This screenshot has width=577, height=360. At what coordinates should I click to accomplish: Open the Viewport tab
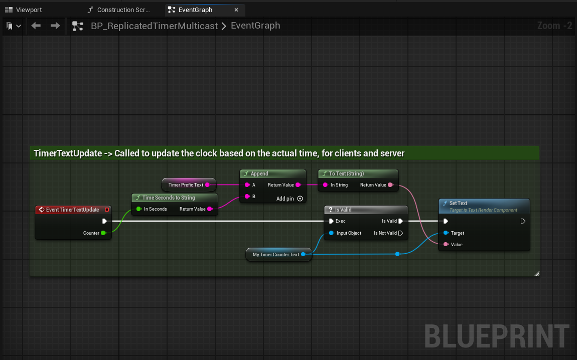(x=24, y=10)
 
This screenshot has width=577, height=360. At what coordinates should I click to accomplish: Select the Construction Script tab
(x=119, y=10)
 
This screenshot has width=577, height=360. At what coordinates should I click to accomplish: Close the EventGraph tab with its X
(x=236, y=10)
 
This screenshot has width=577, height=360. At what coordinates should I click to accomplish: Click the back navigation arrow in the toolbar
(x=36, y=26)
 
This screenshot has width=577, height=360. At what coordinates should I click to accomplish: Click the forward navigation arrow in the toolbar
(x=55, y=26)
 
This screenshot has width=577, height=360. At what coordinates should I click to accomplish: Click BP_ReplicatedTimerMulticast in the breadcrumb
(x=154, y=26)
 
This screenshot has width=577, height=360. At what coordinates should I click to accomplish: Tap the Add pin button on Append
(x=300, y=199)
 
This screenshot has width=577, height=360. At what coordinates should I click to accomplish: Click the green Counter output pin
(x=103, y=233)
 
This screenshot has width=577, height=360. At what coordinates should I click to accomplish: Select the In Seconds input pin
(x=138, y=209)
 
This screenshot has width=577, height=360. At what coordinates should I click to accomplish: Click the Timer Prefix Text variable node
(x=189, y=185)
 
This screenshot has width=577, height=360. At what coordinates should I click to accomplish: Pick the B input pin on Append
(x=247, y=197)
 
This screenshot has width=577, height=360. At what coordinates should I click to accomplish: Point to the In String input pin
(x=325, y=185)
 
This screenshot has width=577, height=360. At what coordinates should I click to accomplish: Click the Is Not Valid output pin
(x=401, y=233)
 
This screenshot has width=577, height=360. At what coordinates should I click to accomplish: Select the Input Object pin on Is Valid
(x=331, y=233)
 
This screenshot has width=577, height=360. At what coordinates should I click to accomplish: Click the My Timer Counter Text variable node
(x=278, y=255)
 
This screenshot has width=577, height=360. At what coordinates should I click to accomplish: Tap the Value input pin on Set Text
(x=446, y=245)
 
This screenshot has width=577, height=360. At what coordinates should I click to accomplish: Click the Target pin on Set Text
(x=446, y=233)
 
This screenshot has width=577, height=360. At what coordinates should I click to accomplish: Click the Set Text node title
(x=458, y=203)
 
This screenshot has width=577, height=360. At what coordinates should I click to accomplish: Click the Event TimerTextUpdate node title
(x=72, y=210)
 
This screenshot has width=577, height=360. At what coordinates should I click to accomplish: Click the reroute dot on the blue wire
(x=397, y=254)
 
